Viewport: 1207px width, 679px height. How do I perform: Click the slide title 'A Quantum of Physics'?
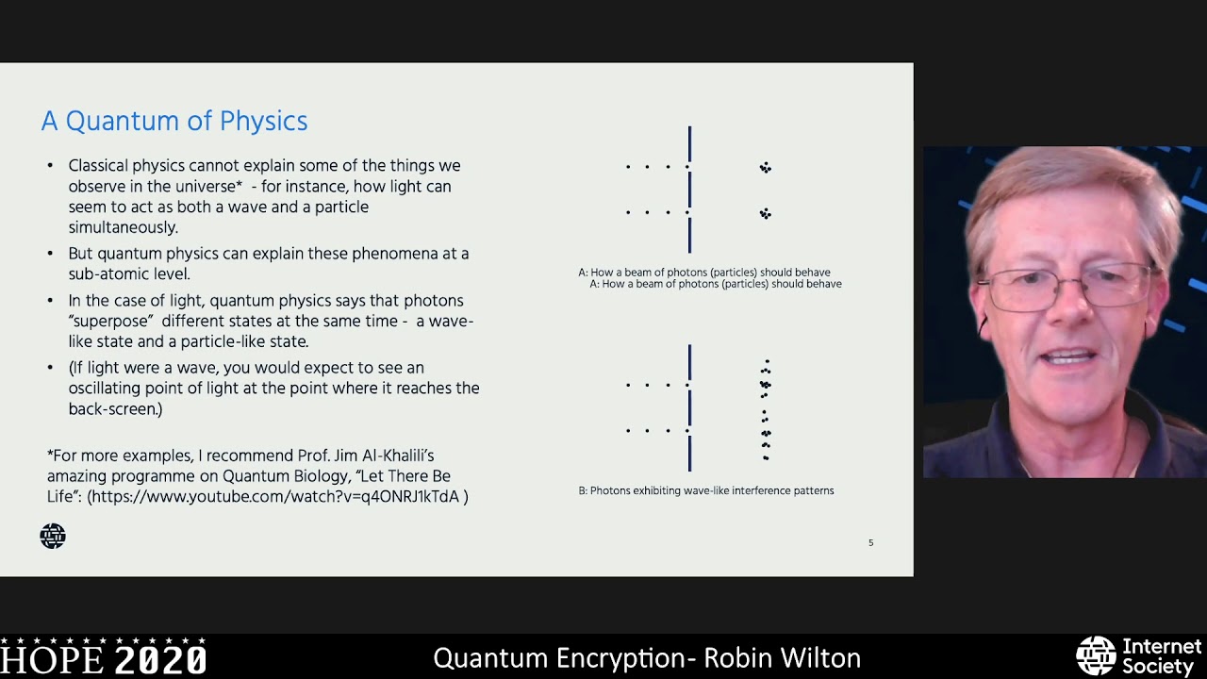tap(174, 122)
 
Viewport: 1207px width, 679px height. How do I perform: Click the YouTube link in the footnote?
tap(276, 496)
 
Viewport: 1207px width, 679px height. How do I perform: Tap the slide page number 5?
tap(870, 543)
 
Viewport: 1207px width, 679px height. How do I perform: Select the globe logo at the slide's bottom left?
tap(53, 537)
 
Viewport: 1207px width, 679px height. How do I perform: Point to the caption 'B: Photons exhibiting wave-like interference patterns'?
tap(706, 490)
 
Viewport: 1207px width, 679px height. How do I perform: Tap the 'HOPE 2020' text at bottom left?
tap(104, 658)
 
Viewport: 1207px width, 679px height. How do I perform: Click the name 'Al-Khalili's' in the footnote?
tap(388, 455)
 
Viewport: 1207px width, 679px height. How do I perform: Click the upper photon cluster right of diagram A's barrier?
tap(766, 168)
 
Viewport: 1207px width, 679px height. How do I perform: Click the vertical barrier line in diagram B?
tap(690, 408)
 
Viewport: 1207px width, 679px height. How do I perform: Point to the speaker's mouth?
tap(1068, 357)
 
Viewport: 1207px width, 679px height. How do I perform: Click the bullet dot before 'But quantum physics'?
tap(50, 255)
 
